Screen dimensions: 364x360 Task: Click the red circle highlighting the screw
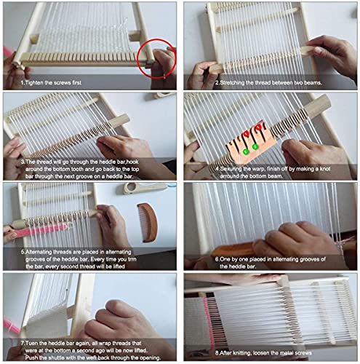[x=158, y=58]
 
